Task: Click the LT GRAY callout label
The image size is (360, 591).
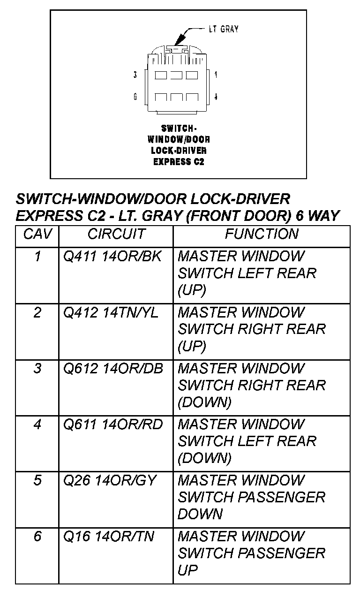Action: [223, 29]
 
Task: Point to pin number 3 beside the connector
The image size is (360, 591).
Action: [135, 75]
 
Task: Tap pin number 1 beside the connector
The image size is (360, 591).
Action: [215, 75]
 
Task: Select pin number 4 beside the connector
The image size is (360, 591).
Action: [215, 97]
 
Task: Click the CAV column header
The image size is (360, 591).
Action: [37, 234]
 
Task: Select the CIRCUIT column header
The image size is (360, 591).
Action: [116, 234]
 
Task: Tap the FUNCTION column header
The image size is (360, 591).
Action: [261, 234]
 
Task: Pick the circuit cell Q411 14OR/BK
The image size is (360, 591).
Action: [112, 257]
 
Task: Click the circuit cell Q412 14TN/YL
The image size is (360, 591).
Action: [111, 312]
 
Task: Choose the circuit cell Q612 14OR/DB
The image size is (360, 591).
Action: [113, 369]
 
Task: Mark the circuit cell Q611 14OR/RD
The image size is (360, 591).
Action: [112, 424]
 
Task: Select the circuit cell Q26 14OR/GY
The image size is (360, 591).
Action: [109, 481]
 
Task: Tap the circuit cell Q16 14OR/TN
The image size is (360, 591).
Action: [108, 537]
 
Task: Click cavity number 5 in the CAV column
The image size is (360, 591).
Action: [37, 481]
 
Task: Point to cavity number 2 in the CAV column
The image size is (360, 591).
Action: [37, 312]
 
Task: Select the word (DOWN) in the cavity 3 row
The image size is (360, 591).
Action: [204, 402]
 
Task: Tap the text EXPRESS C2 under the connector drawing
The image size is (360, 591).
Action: [179, 162]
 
